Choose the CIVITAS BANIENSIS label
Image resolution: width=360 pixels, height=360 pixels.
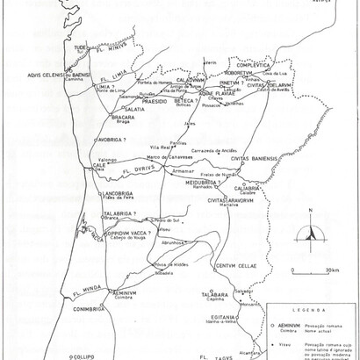pos(255,159)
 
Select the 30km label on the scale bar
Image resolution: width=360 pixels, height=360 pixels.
pos(332,270)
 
